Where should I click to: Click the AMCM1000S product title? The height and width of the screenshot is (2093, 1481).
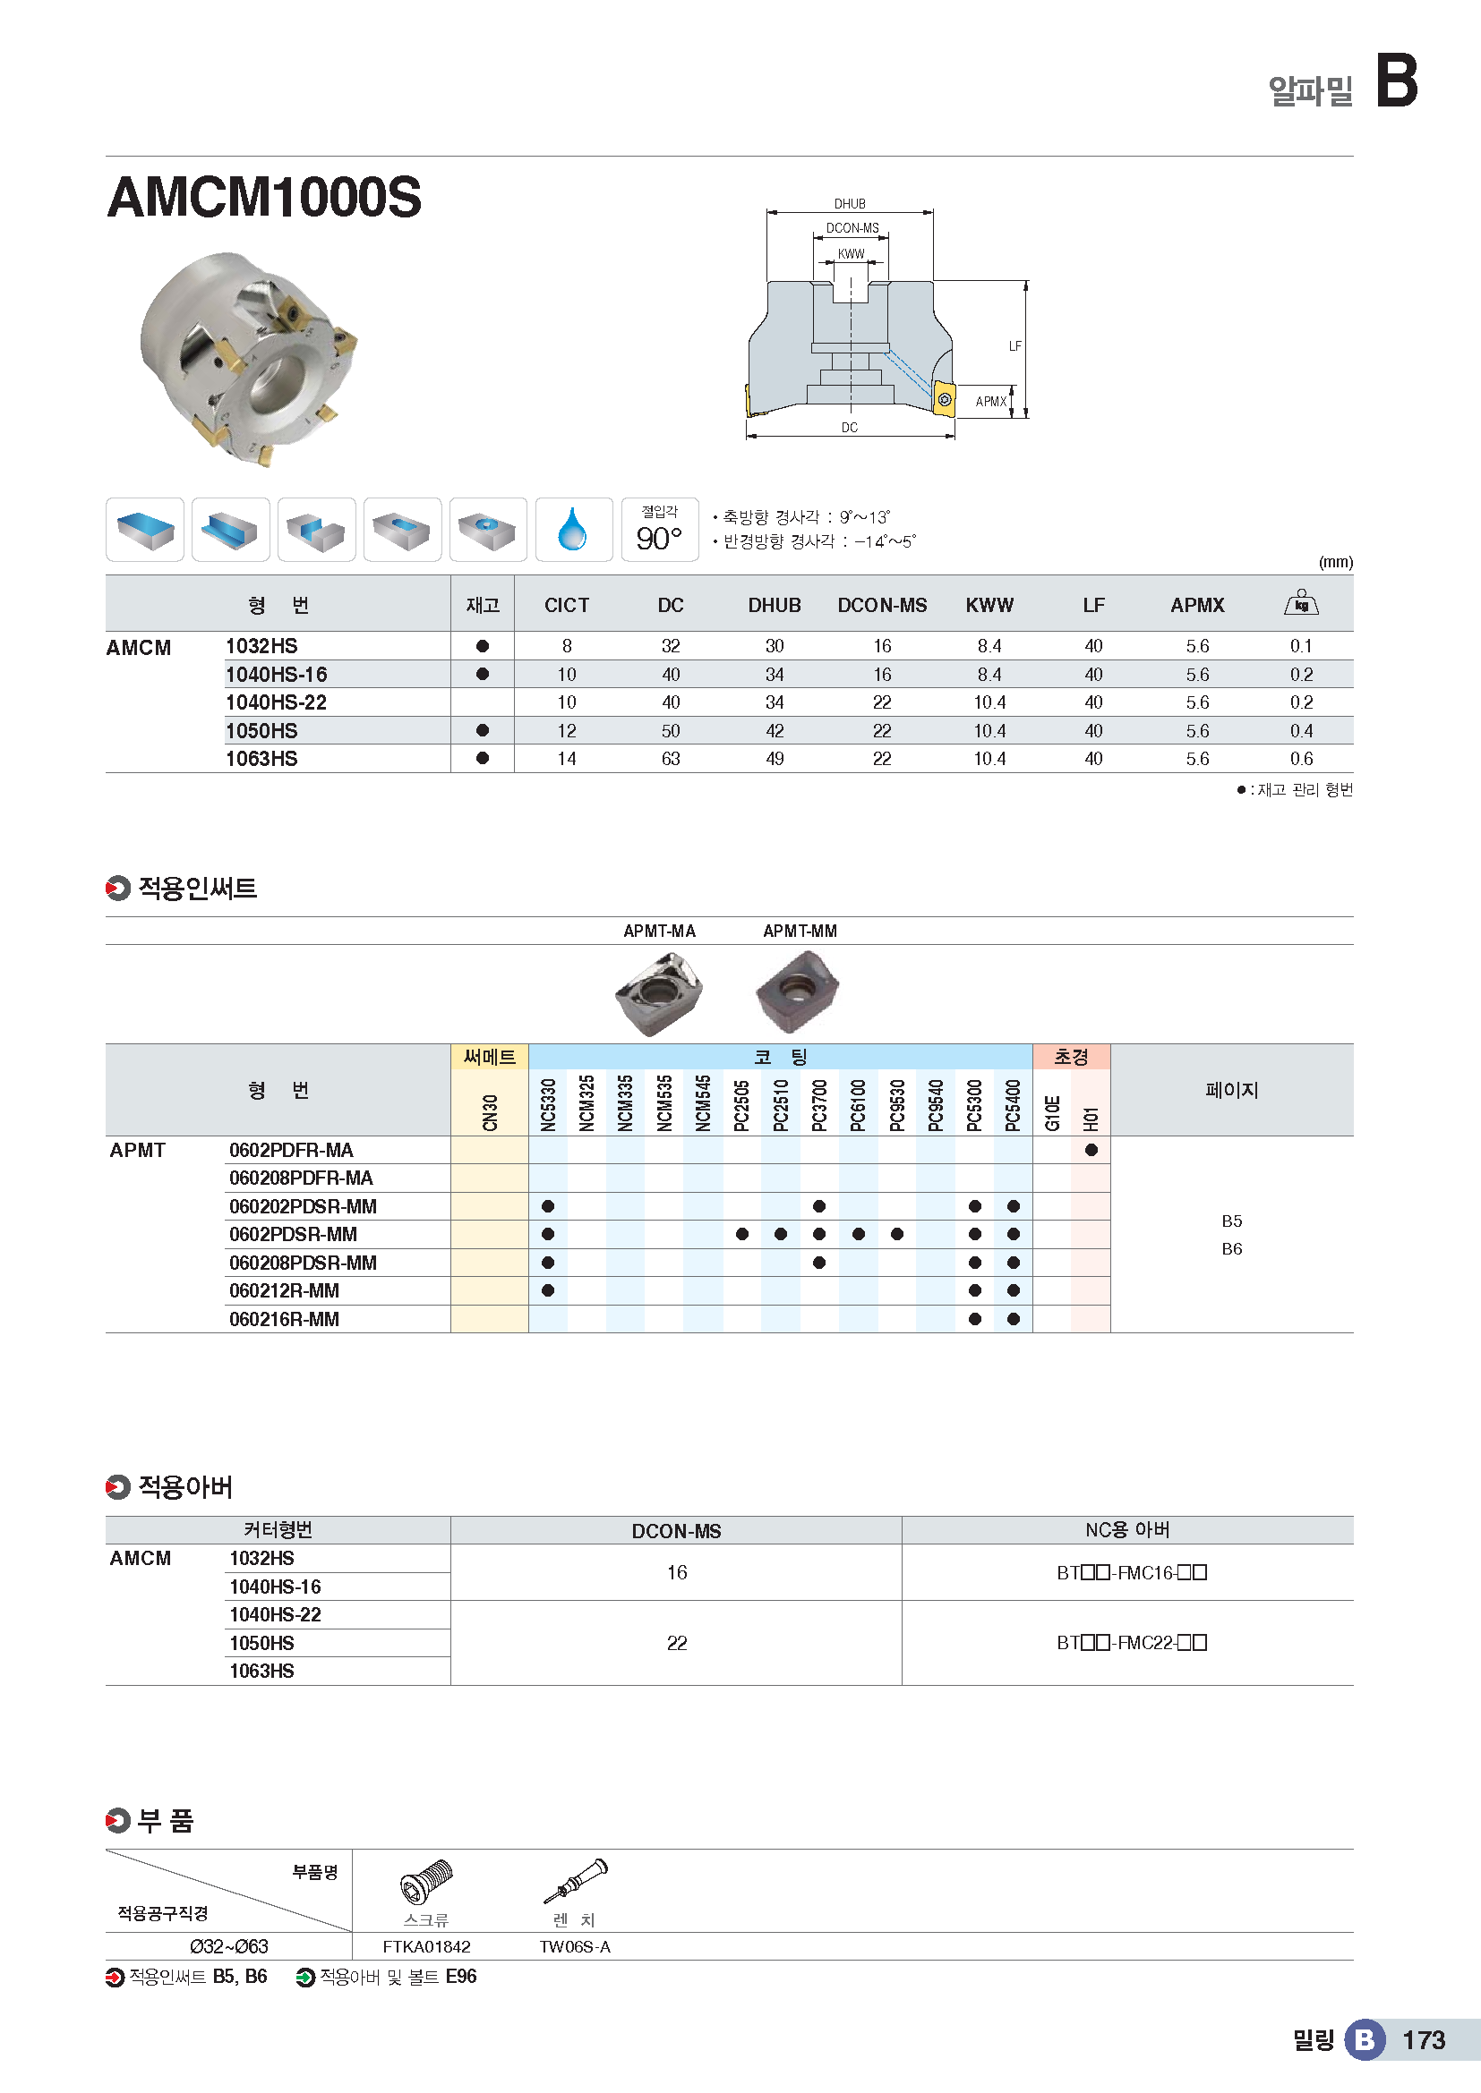point(264,197)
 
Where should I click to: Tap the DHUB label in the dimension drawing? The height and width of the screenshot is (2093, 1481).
point(849,204)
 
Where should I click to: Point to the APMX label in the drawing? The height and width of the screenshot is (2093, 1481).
point(990,402)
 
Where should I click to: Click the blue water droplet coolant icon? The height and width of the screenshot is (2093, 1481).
point(573,530)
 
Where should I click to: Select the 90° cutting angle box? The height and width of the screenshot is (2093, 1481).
point(659,530)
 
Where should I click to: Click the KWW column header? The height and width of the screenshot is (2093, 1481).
point(989,605)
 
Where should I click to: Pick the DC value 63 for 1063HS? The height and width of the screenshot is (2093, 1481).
point(671,759)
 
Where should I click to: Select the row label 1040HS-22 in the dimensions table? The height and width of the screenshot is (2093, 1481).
point(276,702)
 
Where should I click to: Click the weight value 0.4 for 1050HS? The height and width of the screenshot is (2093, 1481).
point(1300,731)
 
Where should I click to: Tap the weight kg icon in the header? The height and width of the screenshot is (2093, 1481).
point(1300,603)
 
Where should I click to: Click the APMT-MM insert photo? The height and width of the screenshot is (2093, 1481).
point(797,990)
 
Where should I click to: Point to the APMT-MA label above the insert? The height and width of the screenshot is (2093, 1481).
point(659,931)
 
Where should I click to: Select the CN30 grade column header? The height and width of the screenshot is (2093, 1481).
point(490,1113)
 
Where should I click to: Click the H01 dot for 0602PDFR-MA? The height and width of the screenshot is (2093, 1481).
point(1091,1151)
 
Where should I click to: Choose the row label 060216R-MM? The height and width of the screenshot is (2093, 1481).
point(284,1319)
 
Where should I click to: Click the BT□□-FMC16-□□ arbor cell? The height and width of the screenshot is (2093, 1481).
point(1131,1572)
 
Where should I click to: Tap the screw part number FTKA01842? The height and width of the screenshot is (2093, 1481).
point(426,1947)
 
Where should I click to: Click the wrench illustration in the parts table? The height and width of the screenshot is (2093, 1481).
point(577,1881)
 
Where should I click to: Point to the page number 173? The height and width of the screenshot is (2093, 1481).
point(1423,2040)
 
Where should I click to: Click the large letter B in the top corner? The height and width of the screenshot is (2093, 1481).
point(1396,81)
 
